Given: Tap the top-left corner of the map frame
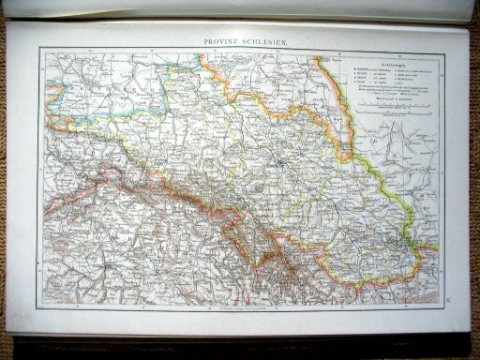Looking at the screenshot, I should (39, 49).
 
